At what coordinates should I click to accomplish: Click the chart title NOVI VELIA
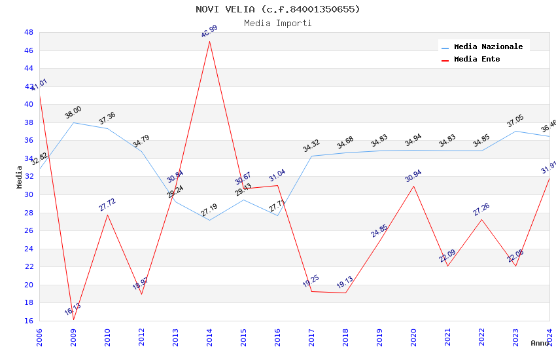point(277,9)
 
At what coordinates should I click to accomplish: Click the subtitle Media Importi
point(277,24)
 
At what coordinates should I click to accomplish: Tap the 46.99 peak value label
point(209,31)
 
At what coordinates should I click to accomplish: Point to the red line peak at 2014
point(209,41)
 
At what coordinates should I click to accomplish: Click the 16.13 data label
point(73,310)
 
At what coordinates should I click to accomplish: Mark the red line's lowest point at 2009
point(73,319)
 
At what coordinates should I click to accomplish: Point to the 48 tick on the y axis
point(29,32)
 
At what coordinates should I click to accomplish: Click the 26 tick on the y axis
point(29,230)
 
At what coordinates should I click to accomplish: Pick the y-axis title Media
point(20,177)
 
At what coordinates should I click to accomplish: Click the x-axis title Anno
point(540,343)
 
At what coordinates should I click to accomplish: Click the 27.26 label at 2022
point(481,209)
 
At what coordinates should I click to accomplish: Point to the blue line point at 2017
point(311,156)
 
